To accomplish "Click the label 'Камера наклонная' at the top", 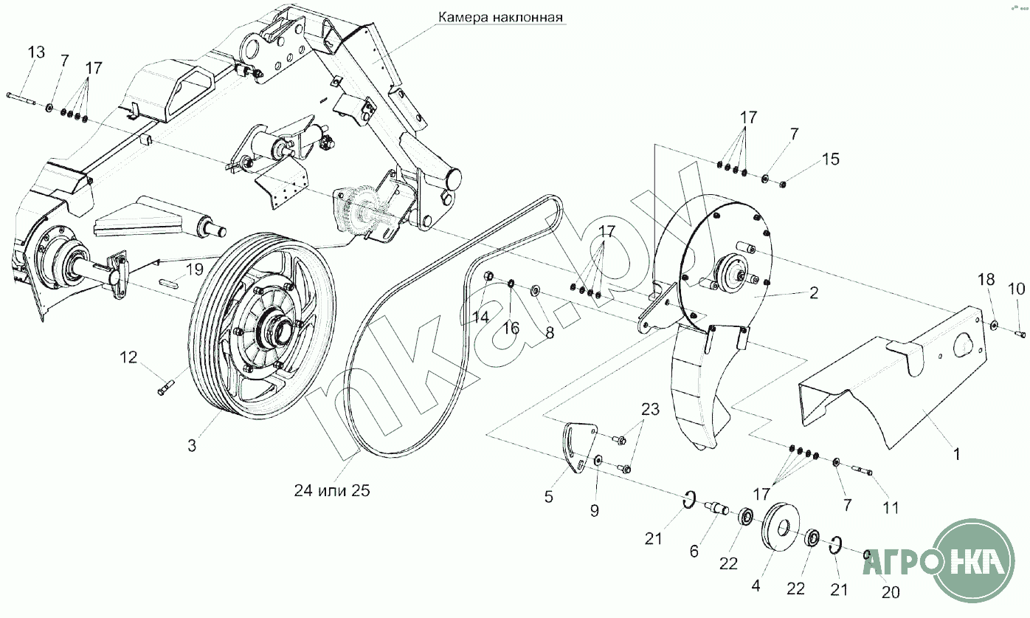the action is click(500, 18).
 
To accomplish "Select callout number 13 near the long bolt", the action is click(36, 52).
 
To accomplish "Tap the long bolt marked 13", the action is click(21, 99).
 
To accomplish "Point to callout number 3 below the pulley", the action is click(193, 445).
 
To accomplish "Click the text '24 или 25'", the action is click(332, 490).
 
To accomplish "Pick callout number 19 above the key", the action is click(195, 269).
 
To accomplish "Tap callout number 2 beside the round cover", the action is click(814, 292).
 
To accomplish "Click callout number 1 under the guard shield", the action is click(957, 454).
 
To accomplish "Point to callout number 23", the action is click(650, 409).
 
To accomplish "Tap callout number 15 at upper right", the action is click(831, 159).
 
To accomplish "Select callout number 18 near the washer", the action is click(986, 279).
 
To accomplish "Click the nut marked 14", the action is click(489, 276).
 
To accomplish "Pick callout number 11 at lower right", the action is click(891, 508).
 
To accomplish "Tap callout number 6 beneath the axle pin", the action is click(694, 551).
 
